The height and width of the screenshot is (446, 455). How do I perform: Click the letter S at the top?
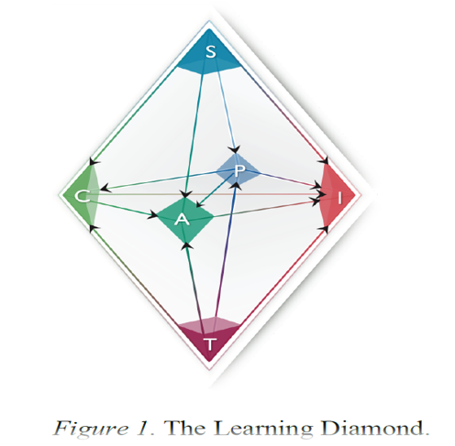coord(211,51)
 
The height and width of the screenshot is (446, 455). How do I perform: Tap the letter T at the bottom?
coord(210,344)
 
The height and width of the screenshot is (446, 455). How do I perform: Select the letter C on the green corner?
coord(82,196)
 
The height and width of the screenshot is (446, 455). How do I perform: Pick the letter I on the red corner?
coord(340,199)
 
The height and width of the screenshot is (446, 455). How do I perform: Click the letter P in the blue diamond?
coord(240,170)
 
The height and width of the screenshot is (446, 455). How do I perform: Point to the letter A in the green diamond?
coord(182,220)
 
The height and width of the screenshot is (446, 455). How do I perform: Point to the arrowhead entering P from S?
coord(235,149)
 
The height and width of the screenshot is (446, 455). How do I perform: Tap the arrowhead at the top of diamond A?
coord(185,194)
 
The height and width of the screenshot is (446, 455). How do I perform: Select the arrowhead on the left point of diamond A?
coord(152,214)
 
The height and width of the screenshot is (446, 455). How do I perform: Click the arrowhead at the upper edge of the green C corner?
coord(94,162)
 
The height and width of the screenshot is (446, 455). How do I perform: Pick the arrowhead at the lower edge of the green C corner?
coord(94,228)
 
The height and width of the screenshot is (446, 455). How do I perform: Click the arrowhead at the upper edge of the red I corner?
coord(324,161)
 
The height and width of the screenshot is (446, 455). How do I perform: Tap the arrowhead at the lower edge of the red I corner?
coord(324,228)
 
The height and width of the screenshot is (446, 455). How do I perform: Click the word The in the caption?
coord(184,428)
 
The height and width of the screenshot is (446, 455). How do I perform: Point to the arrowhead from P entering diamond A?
coord(200,203)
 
